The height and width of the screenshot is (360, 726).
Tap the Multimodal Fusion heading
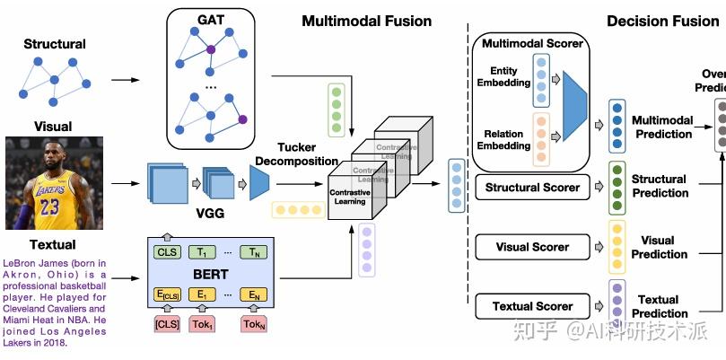tap(366, 21)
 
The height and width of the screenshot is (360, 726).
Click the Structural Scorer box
tap(532, 188)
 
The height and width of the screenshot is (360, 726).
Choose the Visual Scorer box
tap(532, 247)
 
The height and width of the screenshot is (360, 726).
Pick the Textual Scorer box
tap(532, 306)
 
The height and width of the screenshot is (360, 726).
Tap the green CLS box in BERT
tap(168, 252)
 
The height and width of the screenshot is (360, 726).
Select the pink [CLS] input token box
tap(168, 323)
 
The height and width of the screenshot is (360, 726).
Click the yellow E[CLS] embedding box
tap(168, 294)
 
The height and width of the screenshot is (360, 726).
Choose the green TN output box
tap(256, 252)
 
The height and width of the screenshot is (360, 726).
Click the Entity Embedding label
tap(504, 77)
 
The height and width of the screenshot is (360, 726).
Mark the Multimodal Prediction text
tap(662, 127)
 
